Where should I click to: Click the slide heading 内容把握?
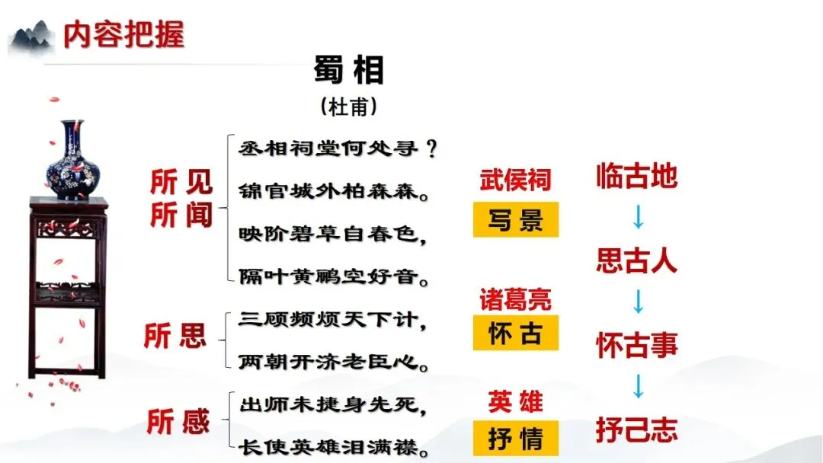tap(123, 35)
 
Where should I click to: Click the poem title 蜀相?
tap(349, 71)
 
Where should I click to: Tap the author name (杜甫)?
tap(349, 107)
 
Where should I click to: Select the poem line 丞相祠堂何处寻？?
tap(338, 148)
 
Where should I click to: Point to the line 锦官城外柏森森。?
tap(334, 190)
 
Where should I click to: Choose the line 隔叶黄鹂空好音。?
tap(334, 275)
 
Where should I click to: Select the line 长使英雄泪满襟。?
tap(334, 446)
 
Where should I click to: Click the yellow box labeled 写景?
tap(516, 220)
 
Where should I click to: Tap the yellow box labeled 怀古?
tap(515, 334)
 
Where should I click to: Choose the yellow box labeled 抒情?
tap(516, 439)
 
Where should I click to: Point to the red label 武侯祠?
tap(515, 180)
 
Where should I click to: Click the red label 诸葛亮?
tap(515, 299)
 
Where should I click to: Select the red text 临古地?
tap(636, 177)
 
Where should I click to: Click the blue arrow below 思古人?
tap(638, 304)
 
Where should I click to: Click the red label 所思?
tap(175, 336)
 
